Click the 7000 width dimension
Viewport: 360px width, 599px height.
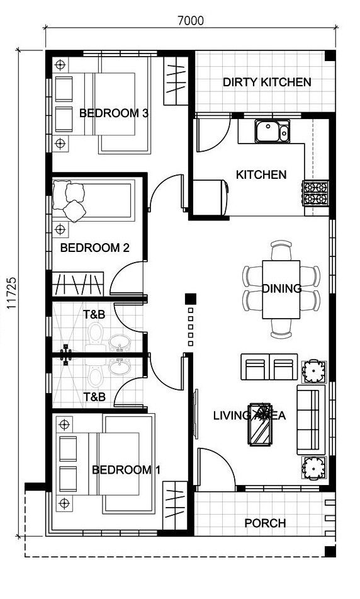pyautogui.click(x=191, y=20)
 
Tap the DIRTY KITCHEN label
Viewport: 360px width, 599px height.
pyautogui.click(x=266, y=82)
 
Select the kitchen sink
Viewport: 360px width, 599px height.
pyautogui.click(x=271, y=132)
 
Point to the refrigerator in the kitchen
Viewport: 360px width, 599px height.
pyautogui.click(x=209, y=197)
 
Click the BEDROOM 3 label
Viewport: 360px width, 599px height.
pyautogui.click(x=113, y=113)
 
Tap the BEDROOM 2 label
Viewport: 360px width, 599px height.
pyautogui.click(x=94, y=248)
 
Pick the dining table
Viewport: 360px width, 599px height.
pyautogui.click(x=281, y=290)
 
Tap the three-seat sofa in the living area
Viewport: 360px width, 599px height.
pyautogui.click(x=309, y=421)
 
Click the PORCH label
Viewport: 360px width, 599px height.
pyautogui.click(x=265, y=523)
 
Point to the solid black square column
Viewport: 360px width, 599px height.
pyautogui.click(x=191, y=298)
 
